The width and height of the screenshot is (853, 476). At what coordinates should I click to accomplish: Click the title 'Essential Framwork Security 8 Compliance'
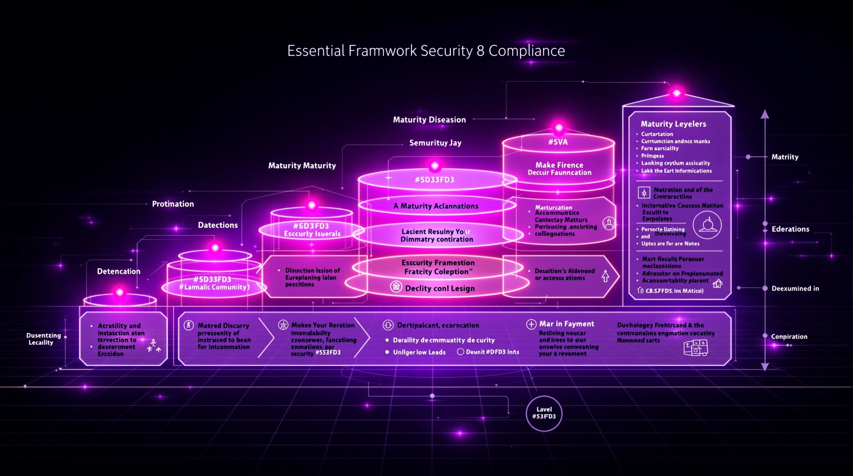click(426, 51)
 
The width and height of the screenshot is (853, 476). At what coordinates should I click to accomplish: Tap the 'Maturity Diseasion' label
click(429, 120)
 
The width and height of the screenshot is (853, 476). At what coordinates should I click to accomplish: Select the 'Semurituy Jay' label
click(435, 143)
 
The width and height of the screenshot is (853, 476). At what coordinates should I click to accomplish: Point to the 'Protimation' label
click(173, 204)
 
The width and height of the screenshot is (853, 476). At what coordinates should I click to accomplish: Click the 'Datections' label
click(218, 225)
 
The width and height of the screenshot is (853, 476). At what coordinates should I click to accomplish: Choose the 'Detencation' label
click(118, 271)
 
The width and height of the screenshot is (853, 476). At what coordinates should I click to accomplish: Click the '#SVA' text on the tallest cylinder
click(558, 142)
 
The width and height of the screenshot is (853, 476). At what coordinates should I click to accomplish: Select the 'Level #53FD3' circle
click(544, 413)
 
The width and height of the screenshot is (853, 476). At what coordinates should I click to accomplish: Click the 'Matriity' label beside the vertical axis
click(785, 157)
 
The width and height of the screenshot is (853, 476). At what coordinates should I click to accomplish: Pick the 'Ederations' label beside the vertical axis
click(790, 229)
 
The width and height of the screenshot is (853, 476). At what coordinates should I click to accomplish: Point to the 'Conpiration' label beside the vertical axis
click(789, 337)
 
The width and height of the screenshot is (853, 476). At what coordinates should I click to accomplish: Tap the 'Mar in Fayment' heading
click(567, 324)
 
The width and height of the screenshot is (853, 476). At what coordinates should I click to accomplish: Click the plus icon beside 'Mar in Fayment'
click(531, 324)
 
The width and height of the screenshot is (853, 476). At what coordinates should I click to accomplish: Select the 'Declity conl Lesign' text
click(440, 289)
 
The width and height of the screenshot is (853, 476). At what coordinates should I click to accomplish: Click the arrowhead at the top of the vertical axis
click(765, 114)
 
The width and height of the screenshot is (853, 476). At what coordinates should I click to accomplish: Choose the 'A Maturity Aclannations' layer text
click(436, 206)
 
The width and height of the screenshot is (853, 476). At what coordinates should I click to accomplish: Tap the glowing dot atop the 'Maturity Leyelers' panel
click(677, 93)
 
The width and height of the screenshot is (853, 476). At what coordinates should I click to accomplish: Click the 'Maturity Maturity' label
click(302, 165)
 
